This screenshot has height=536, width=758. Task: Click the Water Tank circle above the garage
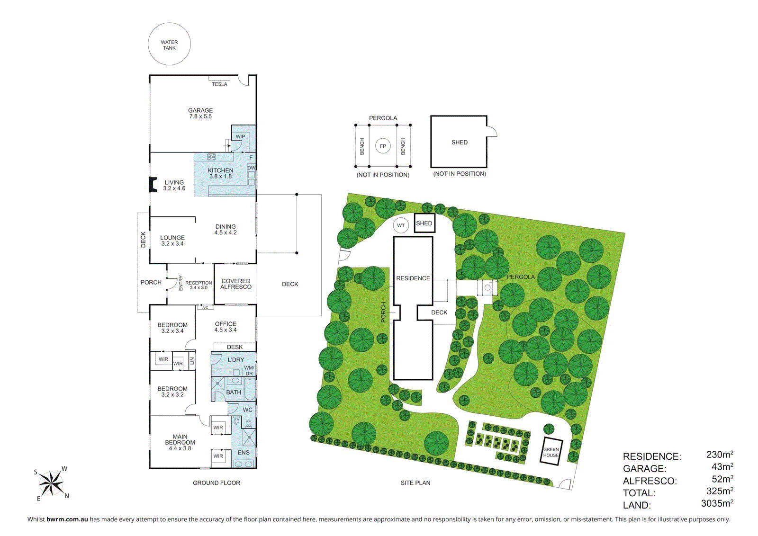click(169, 45)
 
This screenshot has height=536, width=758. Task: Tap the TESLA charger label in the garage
click(219, 84)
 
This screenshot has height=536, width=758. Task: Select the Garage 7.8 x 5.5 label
click(200, 113)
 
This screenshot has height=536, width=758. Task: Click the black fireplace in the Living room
click(153, 185)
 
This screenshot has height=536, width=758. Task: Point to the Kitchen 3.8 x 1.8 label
click(220, 173)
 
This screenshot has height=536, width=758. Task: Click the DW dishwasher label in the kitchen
click(251, 168)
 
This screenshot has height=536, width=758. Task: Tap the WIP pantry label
click(241, 136)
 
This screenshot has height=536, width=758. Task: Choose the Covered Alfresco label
click(236, 284)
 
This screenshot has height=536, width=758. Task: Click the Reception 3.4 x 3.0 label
click(199, 285)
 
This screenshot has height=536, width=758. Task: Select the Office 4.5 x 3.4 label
click(226, 327)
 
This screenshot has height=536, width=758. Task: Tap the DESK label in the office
click(235, 347)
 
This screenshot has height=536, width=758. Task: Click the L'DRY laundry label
click(235, 360)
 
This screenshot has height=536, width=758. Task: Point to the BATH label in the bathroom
click(234, 392)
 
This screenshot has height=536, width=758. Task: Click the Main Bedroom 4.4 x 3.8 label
click(180, 442)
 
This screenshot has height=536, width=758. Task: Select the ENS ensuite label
click(244, 453)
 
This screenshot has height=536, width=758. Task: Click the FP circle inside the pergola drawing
click(383, 146)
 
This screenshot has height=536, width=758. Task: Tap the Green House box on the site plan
click(551, 452)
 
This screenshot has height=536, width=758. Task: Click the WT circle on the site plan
click(401, 225)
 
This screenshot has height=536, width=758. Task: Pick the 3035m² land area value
click(717, 503)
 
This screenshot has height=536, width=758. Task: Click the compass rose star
click(51, 483)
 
